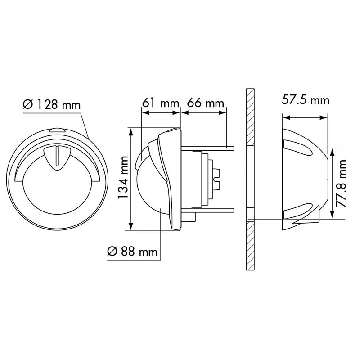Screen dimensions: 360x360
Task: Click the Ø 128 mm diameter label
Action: [x=52, y=105]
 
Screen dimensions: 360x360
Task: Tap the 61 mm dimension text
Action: [x=161, y=103]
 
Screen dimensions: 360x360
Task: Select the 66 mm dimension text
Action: [x=205, y=103]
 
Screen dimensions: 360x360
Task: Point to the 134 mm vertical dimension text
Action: [x=123, y=177]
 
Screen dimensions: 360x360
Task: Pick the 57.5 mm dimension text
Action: [x=306, y=100]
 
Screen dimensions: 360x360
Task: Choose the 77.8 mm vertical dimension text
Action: [x=341, y=184]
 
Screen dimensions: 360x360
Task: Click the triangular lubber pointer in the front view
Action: [x=58, y=158]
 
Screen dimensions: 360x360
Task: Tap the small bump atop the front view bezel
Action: [x=57, y=130]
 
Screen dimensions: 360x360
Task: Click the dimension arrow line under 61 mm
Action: [x=161, y=113]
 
